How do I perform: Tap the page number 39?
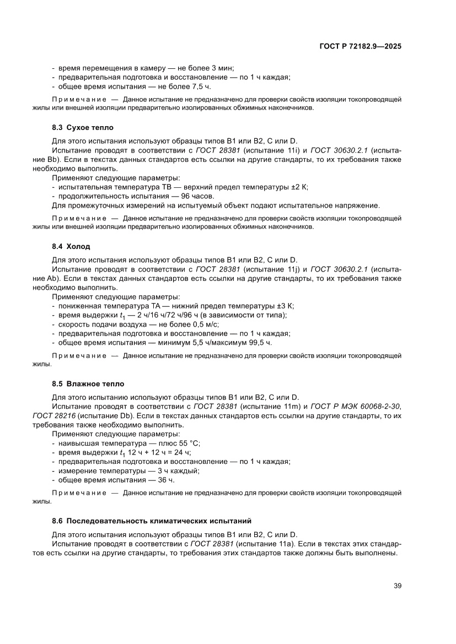click(397, 585)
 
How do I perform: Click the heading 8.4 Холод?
click(71, 246)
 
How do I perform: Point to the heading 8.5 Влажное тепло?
click(88, 383)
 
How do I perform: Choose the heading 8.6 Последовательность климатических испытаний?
click(152, 520)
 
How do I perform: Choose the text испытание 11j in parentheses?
click(271, 269)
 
